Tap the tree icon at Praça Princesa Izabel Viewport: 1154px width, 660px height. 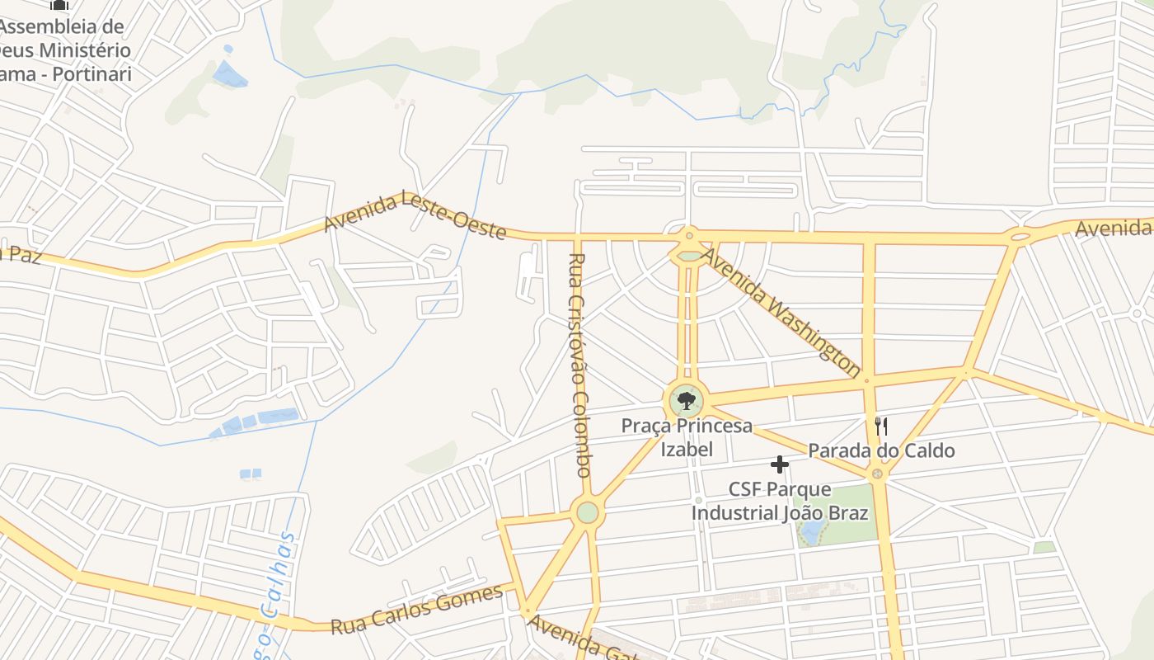pyautogui.click(x=686, y=402)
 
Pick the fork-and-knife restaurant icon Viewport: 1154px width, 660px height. pyautogui.click(x=881, y=426)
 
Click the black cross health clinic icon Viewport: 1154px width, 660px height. pyautogui.click(x=779, y=464)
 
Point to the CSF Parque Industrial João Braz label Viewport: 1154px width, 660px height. pyautogui.click(x=779, y=501)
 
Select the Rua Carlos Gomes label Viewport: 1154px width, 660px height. pyautogui.click(x=416, y=610)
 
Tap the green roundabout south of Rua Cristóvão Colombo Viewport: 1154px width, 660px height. pyautogui.click(x=587, y=512)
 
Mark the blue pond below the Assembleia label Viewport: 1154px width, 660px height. pyautogui.click(x=229, y=75)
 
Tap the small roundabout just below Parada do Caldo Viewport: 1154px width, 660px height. pyautogui.click(x=877, y=474)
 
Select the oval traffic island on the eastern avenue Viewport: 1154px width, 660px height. pyautogui.click(x=1020, y=237)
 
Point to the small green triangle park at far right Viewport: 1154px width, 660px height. pyautogui.click(x=1044, y=547)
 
